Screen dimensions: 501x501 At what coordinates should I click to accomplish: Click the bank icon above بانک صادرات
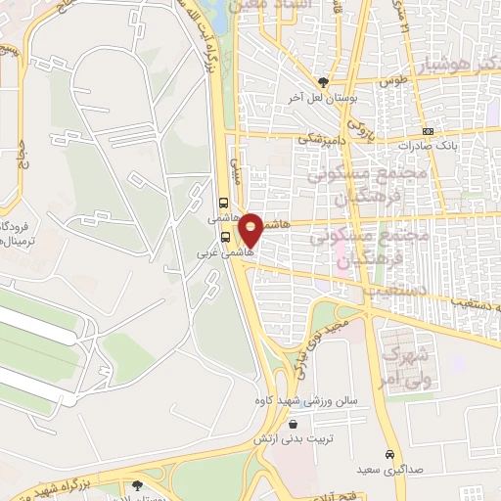pyautogui.click(x=427, y=131)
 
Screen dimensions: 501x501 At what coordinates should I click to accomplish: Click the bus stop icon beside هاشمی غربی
pyautogui.click(x=226, y=236)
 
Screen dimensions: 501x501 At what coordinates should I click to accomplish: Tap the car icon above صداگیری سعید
pyautogui.click(x=390, y=454)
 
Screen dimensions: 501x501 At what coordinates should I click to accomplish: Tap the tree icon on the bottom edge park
pyautogui.click(x=136, y=484)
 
